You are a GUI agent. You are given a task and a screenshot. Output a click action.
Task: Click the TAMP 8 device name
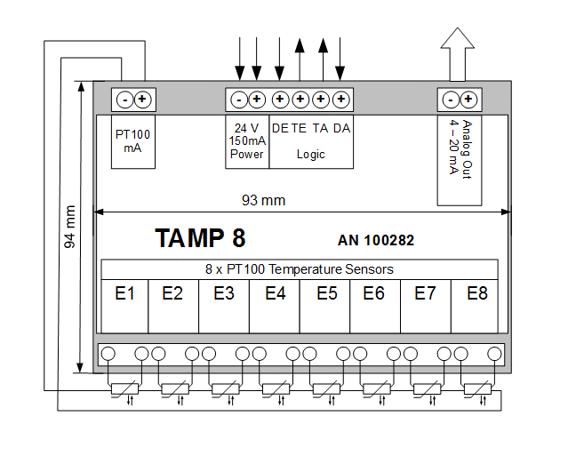(200, 238)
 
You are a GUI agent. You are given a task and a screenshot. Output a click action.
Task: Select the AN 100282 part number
(376, 240)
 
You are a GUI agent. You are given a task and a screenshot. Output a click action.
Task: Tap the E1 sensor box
(124, 293)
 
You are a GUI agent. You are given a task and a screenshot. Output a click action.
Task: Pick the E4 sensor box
(275, 293)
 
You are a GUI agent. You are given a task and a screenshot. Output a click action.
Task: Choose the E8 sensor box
(476, 293)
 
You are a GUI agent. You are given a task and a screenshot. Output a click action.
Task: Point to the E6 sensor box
(374, 293)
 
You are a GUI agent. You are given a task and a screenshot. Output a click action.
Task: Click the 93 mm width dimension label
(263, 200)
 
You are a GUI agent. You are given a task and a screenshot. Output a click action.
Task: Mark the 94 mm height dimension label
(71, 227)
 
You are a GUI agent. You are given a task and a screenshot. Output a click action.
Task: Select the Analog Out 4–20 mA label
(460, 147)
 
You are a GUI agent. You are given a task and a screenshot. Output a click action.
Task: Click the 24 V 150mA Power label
(246, 140)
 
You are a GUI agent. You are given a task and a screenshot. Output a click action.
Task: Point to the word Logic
(310, 154)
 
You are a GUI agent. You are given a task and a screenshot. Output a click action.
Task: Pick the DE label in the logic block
(280, 128)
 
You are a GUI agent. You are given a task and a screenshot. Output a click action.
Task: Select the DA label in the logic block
(341, 128)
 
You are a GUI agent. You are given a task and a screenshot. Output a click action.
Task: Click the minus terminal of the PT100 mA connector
(125, 99)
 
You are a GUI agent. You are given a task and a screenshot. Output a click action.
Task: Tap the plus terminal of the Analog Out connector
(468, 99)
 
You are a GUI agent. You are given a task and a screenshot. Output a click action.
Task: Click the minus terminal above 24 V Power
(239, 99)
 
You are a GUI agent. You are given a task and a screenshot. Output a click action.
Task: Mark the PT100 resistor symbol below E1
(124, 388)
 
